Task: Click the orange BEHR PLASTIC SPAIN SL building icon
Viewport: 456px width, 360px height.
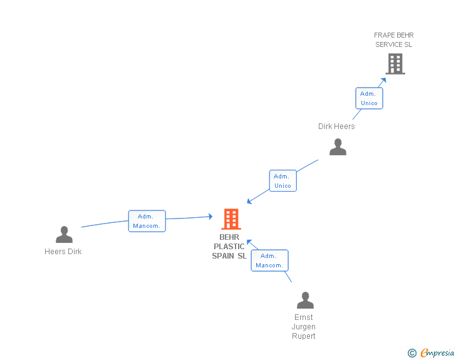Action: point(231,219)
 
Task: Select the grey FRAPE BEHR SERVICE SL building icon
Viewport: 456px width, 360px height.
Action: point(395,64)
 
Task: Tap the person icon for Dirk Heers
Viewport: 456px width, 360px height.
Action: point(338,147)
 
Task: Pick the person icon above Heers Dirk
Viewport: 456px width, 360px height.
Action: point(64,235)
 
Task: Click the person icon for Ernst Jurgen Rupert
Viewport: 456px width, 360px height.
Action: point(305,301)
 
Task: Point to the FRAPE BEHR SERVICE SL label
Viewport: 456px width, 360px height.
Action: point(394,40)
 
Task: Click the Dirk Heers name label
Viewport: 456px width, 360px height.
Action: point(336,126)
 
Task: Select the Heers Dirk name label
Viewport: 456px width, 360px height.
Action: point(63,252)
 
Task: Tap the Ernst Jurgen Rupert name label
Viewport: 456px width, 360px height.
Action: point(304,327)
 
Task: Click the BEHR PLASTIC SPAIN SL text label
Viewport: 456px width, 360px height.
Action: point(229,247)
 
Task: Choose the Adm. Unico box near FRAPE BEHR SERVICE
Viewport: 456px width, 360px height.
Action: point(369,98)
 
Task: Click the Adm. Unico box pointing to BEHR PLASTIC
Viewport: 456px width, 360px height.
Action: point(282,181)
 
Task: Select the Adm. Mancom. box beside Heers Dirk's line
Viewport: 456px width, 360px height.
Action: point(147,221)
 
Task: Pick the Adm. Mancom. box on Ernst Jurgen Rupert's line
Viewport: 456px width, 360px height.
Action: point(269,260)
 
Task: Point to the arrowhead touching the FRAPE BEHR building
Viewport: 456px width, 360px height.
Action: point(383,80)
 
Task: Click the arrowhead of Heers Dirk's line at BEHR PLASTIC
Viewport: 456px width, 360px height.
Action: point(210,217)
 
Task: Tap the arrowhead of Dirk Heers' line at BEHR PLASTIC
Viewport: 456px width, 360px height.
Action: point(249,202)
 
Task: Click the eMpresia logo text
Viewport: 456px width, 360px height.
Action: point(437,353)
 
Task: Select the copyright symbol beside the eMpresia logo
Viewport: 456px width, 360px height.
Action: point(412,353)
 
